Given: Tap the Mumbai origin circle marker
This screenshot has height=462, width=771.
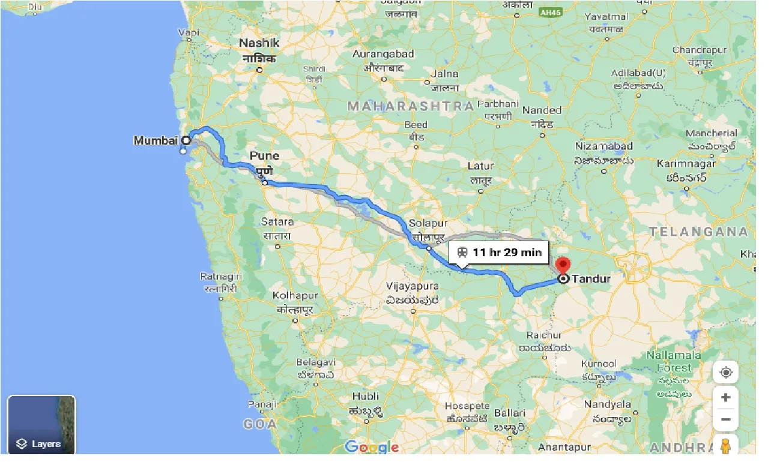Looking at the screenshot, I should pos(186,140).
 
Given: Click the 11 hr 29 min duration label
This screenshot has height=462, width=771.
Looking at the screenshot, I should pos(499,252).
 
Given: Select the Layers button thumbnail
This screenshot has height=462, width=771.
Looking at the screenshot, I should pos(41,425).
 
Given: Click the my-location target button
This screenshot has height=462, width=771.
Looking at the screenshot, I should pos(725,373).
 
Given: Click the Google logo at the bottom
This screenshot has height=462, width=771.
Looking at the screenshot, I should pos(372,447).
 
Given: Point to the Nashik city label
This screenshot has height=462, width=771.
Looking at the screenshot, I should pos(259,43).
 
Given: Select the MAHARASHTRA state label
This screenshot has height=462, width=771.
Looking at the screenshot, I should pos(411,106).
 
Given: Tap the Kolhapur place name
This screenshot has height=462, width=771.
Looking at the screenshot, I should pos(295,296).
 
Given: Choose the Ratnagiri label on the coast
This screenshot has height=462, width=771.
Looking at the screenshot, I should pos(222,276).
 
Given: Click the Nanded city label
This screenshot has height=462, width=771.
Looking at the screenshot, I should pos(542,110).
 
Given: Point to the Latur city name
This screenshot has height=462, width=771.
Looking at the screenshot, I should pos(480,166).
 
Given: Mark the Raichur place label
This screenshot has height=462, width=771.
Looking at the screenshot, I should pos(544,335).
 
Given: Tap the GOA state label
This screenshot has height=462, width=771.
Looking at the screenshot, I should pos(259,424).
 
